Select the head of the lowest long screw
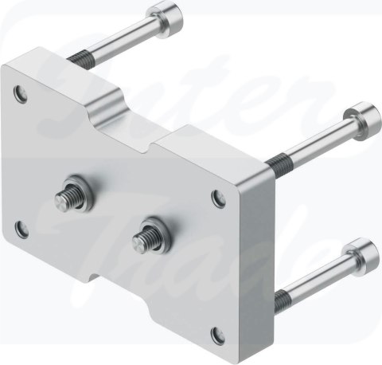point(363,248)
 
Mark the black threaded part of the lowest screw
point(281,297)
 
